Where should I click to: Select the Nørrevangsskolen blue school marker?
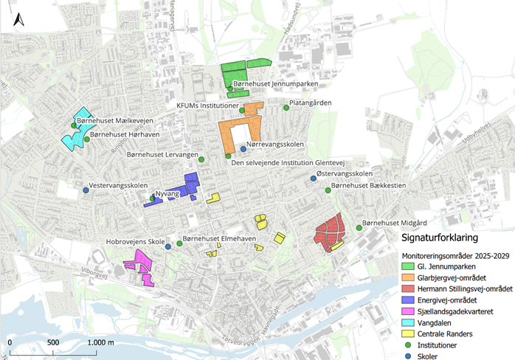(x=243, y=149)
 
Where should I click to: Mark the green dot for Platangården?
(x=286, y=108)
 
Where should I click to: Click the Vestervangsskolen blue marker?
(x=86, y=190)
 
